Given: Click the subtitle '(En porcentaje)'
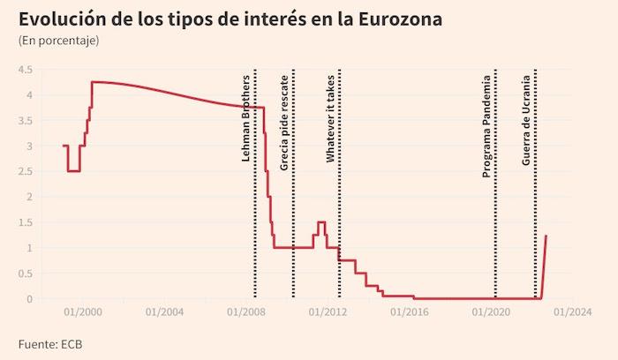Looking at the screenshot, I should pos(58,41).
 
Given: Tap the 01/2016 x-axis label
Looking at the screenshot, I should pos(410,311).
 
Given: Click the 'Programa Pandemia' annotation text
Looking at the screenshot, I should pos(486,127).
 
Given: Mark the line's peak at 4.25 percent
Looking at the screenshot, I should pos(93,82).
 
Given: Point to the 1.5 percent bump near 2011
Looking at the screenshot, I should pos(321,222).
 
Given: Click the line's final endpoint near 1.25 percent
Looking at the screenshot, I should pos(546,236).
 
